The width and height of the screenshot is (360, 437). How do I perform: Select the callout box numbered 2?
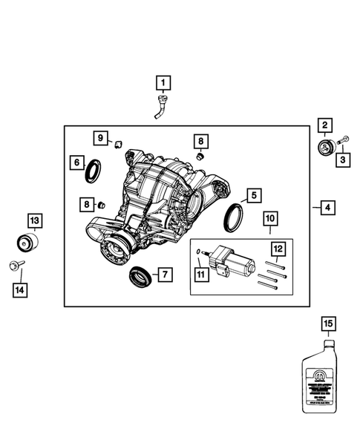coord(326,125)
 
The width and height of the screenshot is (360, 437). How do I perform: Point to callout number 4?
coord(327,208)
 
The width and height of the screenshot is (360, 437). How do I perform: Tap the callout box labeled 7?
coord(165,275)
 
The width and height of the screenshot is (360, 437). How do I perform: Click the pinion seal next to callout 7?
coord(139,278)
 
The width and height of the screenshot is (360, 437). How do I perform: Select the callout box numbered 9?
coord(100,138)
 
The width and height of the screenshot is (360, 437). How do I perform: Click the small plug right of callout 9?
coord(118,142)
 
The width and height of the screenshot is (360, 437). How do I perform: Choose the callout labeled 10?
coord(269,219)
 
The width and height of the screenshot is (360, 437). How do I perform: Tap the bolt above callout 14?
coord(17,265)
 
